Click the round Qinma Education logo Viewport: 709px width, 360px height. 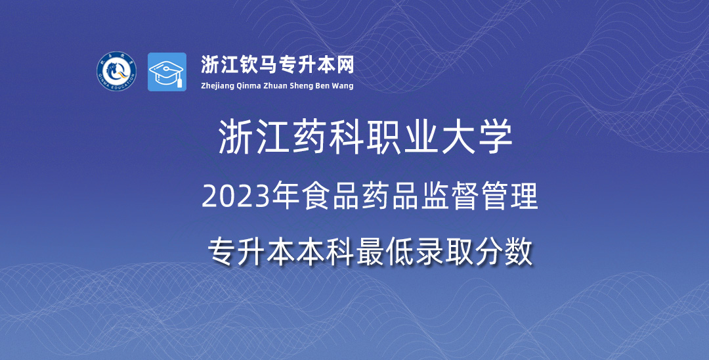[x=116, y=72]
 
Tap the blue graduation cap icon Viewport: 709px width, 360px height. [x=167, y=72]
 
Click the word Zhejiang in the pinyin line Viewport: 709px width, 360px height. [x=217, y=86]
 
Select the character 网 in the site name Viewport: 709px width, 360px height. [x=345, y=64]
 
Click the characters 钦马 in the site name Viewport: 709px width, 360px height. [x=258, y=64]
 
